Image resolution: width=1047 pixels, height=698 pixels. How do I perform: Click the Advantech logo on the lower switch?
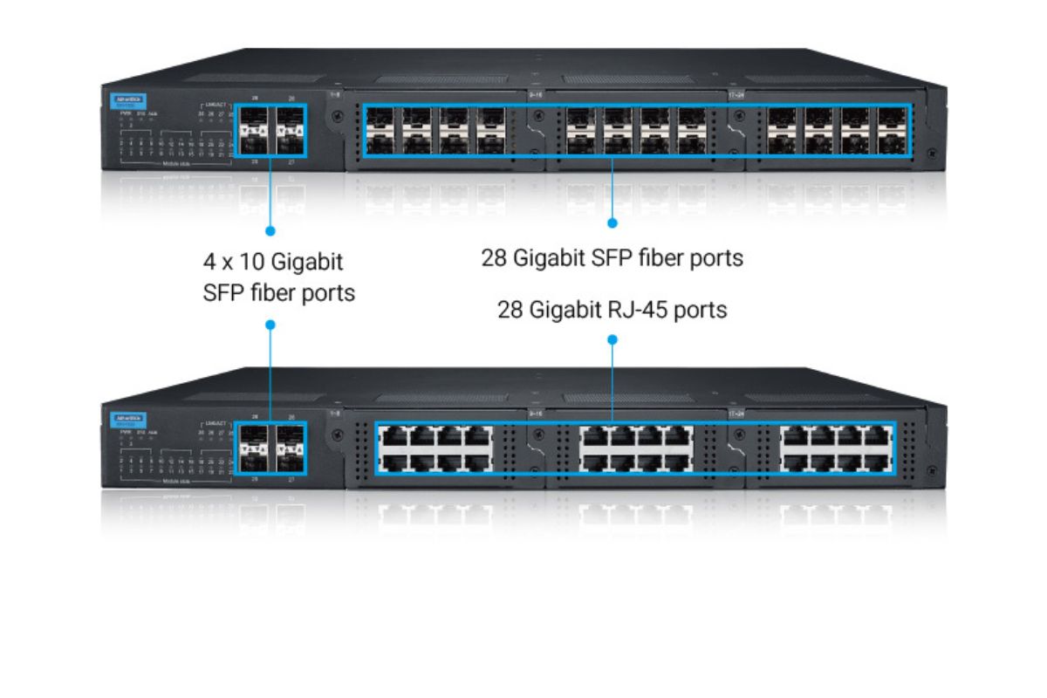(x=118, y=421)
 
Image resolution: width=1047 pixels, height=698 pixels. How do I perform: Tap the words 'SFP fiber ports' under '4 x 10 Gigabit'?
(x=278, y=292)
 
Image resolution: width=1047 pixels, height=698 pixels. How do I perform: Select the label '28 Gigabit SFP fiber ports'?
(x=612, y=258)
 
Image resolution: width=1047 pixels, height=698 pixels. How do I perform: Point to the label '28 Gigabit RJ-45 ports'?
(x=612, y=309)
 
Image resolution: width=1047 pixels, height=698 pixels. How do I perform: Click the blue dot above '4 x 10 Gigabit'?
(x=270, y=231)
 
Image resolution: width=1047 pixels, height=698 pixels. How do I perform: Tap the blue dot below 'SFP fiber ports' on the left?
(x=270, y=325)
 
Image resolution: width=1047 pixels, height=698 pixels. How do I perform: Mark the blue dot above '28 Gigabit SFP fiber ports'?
(x=612, y=222)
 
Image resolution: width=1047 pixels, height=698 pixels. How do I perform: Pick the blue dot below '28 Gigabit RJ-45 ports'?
(x=612, y=341)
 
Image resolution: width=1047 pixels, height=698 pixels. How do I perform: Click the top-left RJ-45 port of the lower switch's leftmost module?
(x=391, y=437)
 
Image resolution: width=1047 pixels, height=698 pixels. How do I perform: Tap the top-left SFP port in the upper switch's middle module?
(x=577, y=119)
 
